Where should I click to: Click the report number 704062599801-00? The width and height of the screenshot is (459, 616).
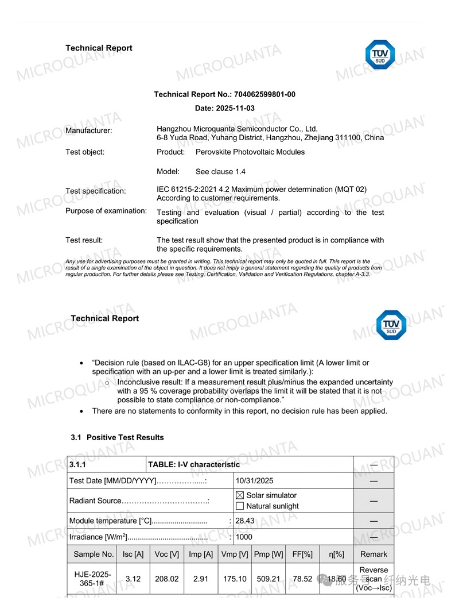click(264, 94)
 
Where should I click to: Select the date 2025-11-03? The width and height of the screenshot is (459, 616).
click(234, 108)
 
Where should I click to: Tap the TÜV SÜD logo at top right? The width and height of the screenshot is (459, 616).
click(380, 55)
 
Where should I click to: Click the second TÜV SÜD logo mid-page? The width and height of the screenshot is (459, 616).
click(391, 326)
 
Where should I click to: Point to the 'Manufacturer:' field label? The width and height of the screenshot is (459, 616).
click(89, 131)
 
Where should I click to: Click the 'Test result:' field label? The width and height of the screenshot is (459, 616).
click(84, 240)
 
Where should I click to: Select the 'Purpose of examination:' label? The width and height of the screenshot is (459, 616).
click(106, 211)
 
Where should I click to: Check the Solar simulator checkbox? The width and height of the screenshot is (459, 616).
click(240, 495)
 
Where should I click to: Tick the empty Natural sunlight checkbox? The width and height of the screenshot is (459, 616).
click(240, 506)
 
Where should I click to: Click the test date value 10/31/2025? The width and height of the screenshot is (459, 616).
click(255, 481)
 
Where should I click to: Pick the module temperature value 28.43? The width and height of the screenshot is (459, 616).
click(245, 521)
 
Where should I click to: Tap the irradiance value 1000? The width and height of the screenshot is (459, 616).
click(244, 537)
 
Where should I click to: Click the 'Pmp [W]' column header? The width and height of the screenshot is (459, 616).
click(269, 555)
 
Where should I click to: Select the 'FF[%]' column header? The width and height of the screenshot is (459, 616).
click(302, 555)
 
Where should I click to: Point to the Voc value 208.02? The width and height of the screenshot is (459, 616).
click(166, 579)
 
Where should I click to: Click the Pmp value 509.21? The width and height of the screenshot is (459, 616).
click(268, 579)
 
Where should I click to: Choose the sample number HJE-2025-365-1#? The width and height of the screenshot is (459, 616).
click(92, 579)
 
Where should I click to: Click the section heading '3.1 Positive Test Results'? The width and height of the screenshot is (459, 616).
click(117, 437)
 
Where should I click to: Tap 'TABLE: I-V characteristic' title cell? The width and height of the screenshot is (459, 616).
click(194, 464)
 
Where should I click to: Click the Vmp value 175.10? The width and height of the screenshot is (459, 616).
click(235, 579)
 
